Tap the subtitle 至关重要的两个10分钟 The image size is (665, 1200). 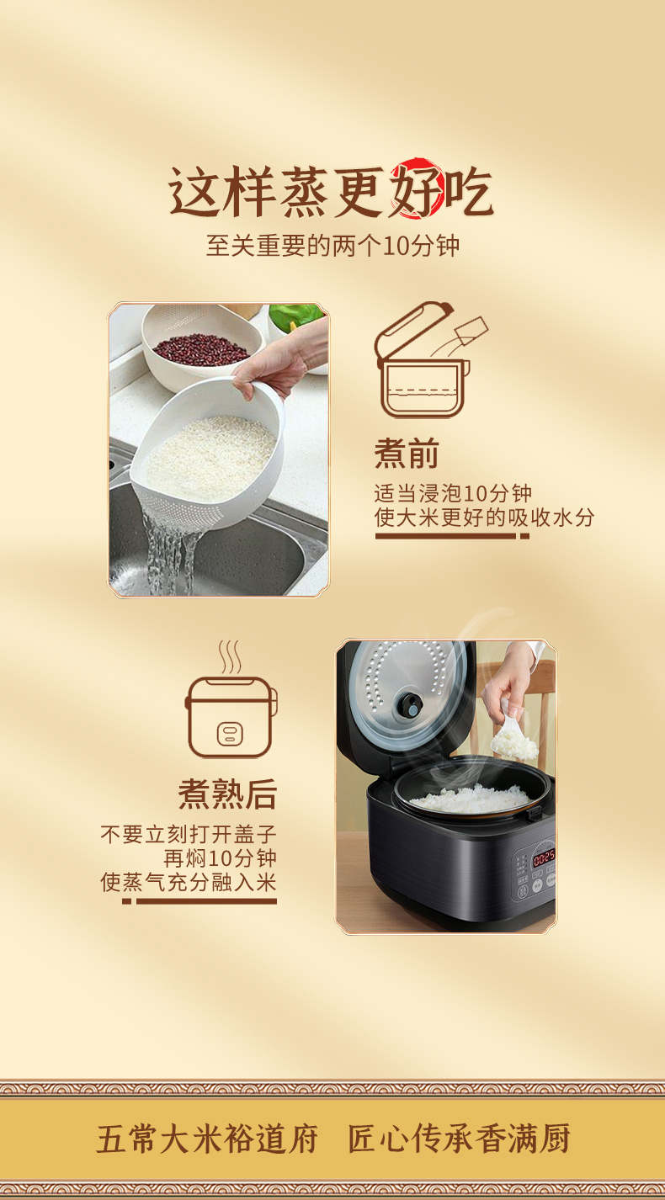[332, 247]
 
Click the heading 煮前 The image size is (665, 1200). [407, 454]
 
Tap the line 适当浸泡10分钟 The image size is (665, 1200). [453, 494]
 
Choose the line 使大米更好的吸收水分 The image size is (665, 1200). [484, 517]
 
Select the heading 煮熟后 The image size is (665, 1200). [227, 794]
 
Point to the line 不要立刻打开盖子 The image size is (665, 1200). [189, 835]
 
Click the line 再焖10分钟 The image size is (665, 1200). [220, 858]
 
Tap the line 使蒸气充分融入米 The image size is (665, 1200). [189, 882]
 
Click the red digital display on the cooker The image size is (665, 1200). [544, 858]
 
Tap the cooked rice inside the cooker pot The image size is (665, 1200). [471, 798]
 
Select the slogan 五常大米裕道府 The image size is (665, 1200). [207, 1139]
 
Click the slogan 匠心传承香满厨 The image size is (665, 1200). [459, 1139]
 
